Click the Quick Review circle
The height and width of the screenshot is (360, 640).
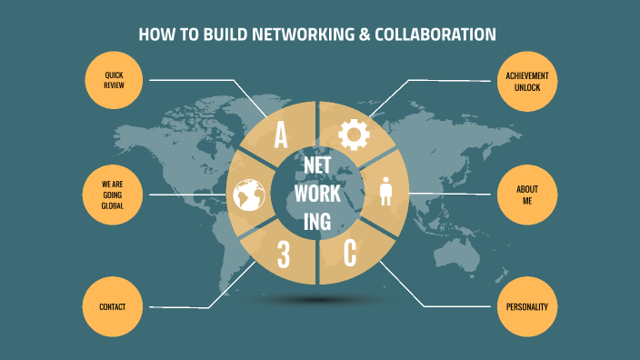[115, 79]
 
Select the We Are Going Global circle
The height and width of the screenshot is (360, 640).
[113, 194]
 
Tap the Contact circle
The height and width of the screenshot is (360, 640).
[113, 306]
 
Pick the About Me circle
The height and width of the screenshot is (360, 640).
[526, 195]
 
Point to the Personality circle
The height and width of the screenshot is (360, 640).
[526, 306]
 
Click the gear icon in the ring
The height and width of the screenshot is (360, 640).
[354, 135]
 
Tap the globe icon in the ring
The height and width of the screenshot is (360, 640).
[247, 195]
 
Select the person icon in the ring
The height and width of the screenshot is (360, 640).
[385, 193]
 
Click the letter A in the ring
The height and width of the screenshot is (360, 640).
[281, 136]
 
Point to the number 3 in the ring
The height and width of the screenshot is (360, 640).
[283, 255]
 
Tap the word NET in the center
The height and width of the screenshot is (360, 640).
[317, 167]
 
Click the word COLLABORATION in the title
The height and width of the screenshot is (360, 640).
[436, 35]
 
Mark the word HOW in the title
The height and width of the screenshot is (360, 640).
[155, 35]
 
